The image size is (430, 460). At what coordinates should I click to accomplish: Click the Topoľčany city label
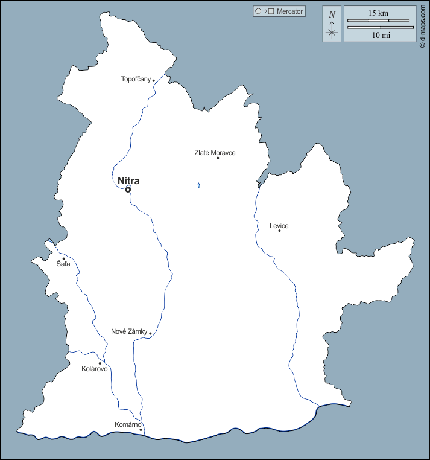pyautogui.click(x=136, y=79)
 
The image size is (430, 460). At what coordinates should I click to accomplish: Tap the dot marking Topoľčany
pyautogui.click(x=154, y=80)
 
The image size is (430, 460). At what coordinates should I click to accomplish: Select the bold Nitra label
pyautogui.click(x=128, y=180)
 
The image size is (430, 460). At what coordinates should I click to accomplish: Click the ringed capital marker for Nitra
pyautogui.click(x=128, y=190)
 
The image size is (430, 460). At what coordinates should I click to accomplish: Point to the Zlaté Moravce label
pyautogui.click(x=215, y=153)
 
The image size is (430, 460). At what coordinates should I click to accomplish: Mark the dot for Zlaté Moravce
pyautogui.click(x=218, y=158)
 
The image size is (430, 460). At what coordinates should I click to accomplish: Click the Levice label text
pyautogui.click(x=279, y=226)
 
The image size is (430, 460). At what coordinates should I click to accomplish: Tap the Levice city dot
pyautogui.click(x=279, y=231)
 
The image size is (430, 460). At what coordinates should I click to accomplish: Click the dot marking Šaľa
pyautogui.click(x=63, y=259)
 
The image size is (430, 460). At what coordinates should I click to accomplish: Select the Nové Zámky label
pyautogui.click(x=129, y=331)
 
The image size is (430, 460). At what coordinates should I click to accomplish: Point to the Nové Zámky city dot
pyautogui.click(x=150, y=333)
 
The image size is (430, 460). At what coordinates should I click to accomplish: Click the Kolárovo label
pyautogui.click(x=95, y=369)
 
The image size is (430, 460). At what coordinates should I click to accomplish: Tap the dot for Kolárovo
pyautogui.click(x=100, y=363)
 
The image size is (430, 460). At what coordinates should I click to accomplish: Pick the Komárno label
pyautogui.click(x=127, y=425)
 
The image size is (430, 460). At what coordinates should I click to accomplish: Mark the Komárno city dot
pyautogui.click(x=141, y=430)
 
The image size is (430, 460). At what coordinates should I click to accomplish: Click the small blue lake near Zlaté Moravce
pyautogui.click(x=198, y=185)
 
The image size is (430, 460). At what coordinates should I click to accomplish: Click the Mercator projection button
pyautogui.click(x=279, y=11)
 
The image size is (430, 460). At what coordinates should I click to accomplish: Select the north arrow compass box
pyautogui.click(x=332, y=24)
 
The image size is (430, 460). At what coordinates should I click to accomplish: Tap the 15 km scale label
pyautogui.click(x=379, y=13)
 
